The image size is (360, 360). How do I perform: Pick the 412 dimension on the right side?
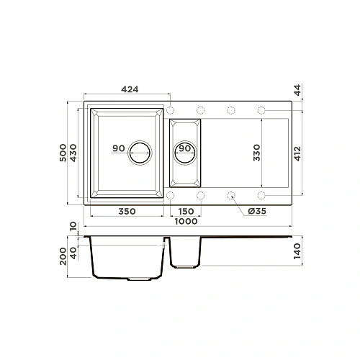tap(298, 153)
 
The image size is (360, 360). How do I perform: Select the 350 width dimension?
tap(127, 211)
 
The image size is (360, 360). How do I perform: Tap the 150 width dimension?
tap(185, 211)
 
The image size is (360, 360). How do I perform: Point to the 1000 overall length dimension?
tap(186, 222)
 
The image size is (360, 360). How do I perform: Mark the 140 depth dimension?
tap(298, 252)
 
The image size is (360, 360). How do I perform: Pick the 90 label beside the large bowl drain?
tap(119, 148)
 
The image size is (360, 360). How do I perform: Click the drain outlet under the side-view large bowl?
tap(137, 277)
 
